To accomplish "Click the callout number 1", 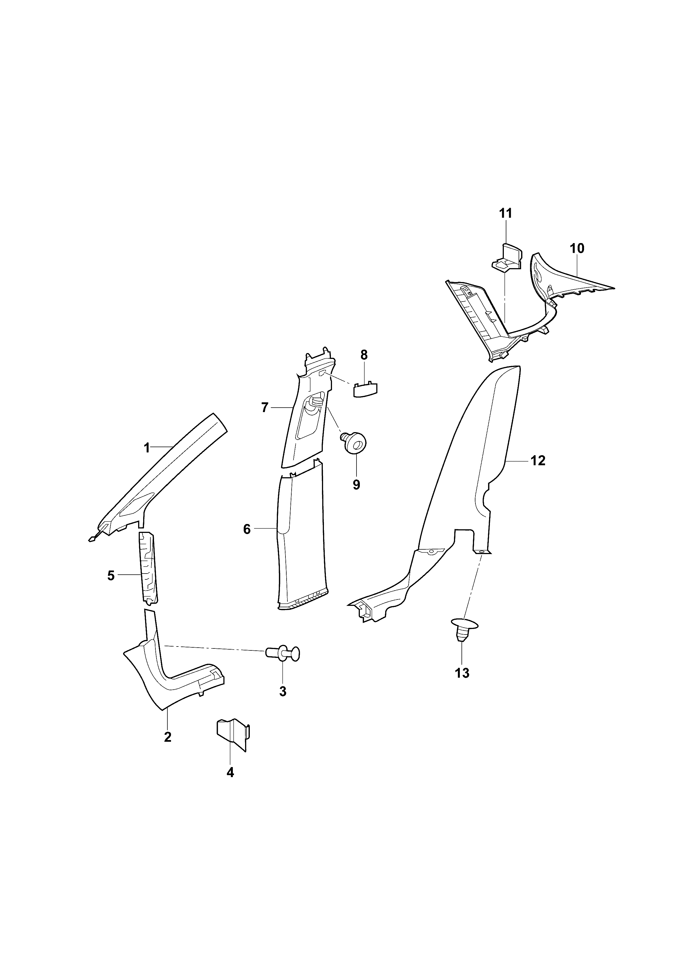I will (x=147, y=448).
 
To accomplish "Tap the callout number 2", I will (x=167, y=737).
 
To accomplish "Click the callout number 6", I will (x=247, y=529).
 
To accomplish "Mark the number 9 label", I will (x=356, y=485).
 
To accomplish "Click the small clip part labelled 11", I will (x=507, y=258).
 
